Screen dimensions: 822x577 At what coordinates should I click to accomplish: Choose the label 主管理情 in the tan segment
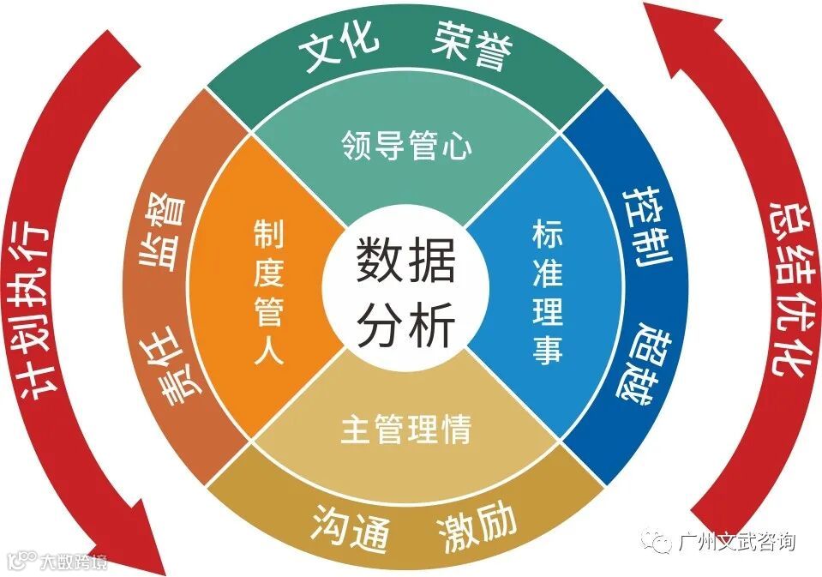(405, 429)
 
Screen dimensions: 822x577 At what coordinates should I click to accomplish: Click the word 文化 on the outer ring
(339, 52)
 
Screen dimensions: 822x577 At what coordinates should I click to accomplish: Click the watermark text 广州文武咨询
(736, 543)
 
